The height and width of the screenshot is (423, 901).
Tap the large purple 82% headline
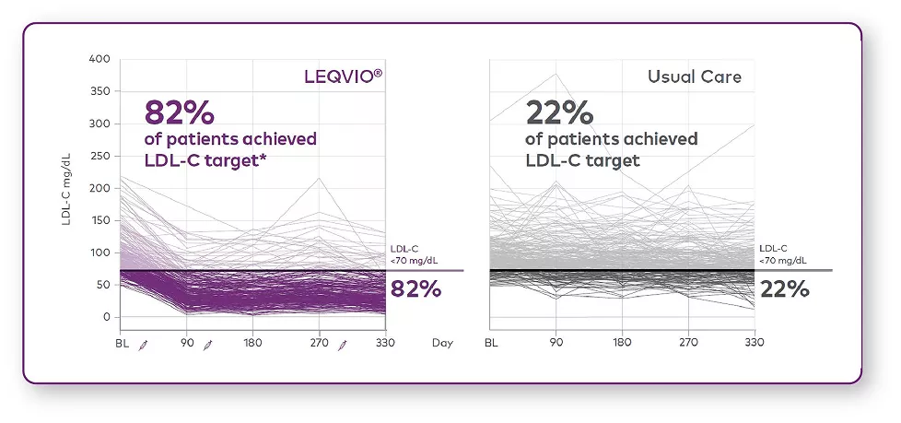coord(180,113)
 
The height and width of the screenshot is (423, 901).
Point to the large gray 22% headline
coord(559,113)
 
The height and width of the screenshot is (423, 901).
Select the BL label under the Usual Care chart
coord(491,344)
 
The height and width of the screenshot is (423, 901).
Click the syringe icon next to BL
coord(142,345)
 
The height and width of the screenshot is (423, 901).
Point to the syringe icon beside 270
coord(342,345)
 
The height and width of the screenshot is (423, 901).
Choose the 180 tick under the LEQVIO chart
coord(252,344)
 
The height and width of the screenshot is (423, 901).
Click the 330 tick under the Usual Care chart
coord(754,344)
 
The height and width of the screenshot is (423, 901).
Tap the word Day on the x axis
coord(442,344)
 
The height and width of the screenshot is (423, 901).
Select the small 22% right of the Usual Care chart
coord(785,289)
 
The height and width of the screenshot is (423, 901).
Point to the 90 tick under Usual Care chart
coord(556,344)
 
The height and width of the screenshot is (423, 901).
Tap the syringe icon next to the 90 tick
coord(208,345)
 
